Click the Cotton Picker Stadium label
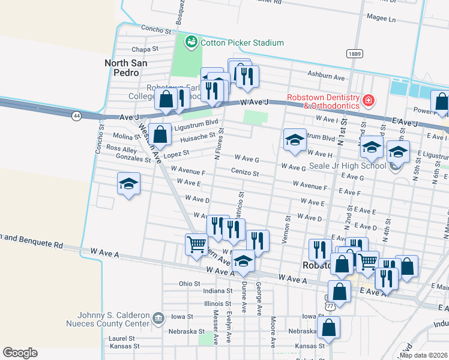pos(241,43)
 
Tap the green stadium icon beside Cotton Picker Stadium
pos(191,42)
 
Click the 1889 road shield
pos(354,54)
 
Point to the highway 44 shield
pos(76,115)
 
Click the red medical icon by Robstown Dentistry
pos(369,100)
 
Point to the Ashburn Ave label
pos(326,77)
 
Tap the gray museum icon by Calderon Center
pos(158,317)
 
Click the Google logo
pos(20,353)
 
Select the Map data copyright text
pos(423,355)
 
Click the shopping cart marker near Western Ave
pos(196,245)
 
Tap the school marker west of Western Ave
pos(128,184)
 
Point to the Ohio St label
pos(189,283)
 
